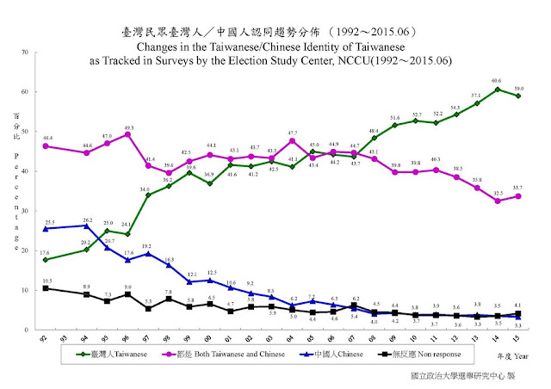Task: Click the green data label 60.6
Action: pyautogui.click(x=497, y=81)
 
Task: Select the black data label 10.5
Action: pyautogui.click(x=47, y=281)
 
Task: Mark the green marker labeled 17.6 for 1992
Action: pyautogui.click(x=45, y=260)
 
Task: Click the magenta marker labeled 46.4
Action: pyautogui.click(x=45, y=145)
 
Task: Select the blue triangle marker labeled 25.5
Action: pyautogui.click(x=45, y=228)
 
